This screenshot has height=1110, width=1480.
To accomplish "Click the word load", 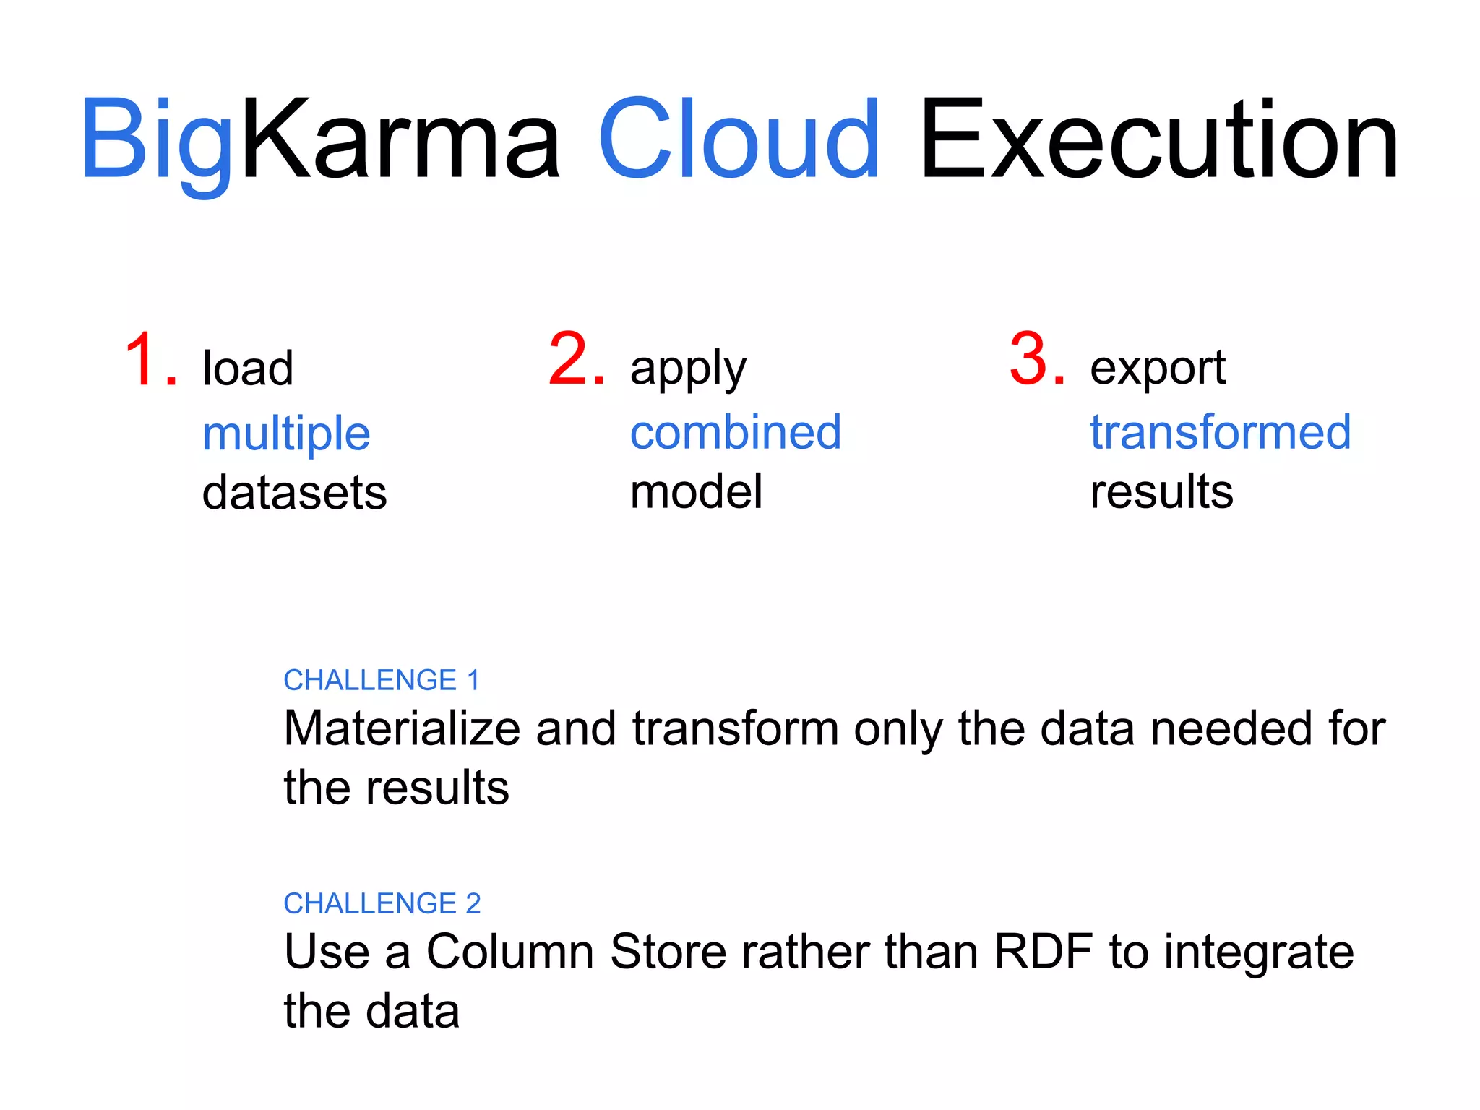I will tap(248, 368).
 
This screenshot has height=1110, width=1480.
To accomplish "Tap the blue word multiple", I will tap(286, 434).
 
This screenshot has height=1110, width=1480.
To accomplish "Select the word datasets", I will tap(294, 493).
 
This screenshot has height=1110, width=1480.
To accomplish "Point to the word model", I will tap(696, 492).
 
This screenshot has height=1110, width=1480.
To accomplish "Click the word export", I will tap(1157, 369).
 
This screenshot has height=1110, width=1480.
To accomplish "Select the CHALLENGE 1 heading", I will tap(382, 680).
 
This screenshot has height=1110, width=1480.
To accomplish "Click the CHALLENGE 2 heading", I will tap(382, 903).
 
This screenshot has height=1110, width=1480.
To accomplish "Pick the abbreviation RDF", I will tap(1043, 951).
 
